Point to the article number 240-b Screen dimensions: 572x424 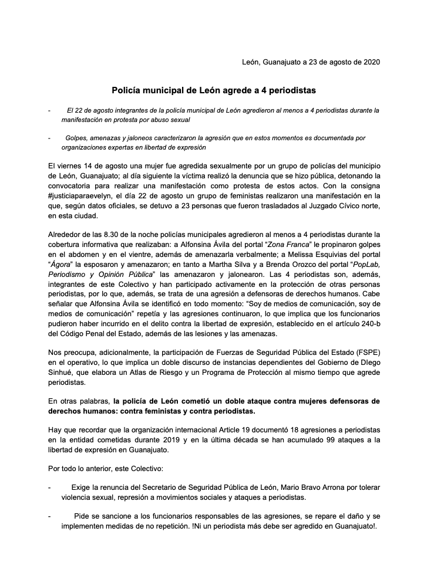[368, 322]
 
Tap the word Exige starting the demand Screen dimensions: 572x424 [82, 488]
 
